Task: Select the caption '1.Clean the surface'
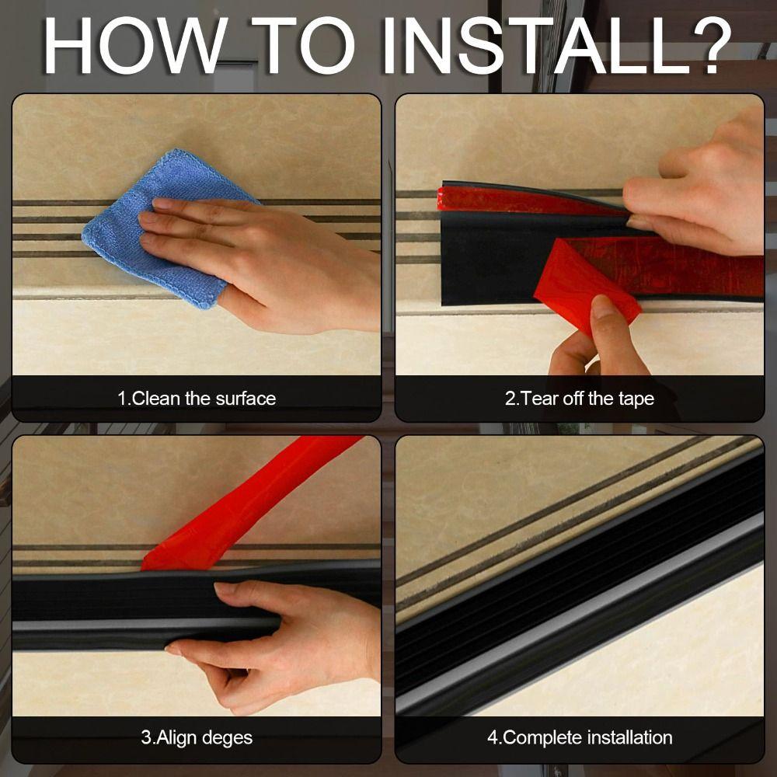coord(197,399)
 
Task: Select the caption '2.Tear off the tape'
coord(580,399)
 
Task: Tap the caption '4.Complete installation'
coord(580,737)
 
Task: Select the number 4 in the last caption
coord(493,737)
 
